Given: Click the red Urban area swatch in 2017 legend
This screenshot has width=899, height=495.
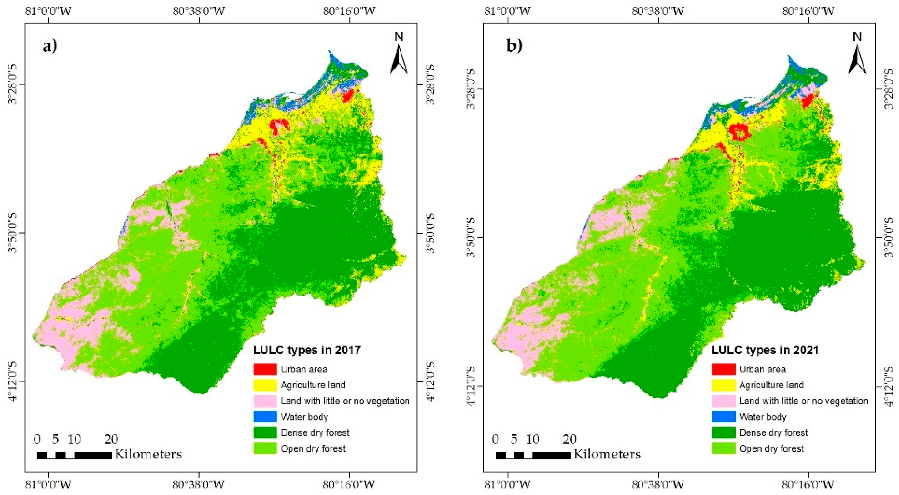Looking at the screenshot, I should click(x=265, y=369).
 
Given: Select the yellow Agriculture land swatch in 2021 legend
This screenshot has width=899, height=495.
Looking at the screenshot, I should click(x=723, y=385).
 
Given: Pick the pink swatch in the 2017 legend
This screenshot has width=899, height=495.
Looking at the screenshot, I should click(x=265, y=401).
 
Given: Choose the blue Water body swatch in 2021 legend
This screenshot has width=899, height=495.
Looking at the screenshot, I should click(x=723, y=416).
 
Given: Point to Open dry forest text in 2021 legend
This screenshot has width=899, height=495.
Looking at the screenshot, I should click(x=771, y=448).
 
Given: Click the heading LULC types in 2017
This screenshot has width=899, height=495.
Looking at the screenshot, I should click(x=307, y=350).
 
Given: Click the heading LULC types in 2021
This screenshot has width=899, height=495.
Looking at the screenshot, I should click(x=765, y=350).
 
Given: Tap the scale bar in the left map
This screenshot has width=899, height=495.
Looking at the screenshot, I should click(x=74, y=455).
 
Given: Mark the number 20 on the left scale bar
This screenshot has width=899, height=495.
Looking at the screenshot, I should click(x=111, y=439).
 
